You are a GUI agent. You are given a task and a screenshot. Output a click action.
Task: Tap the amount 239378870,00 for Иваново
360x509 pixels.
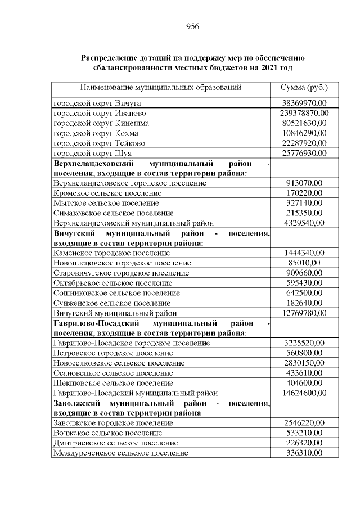tap(304, 113)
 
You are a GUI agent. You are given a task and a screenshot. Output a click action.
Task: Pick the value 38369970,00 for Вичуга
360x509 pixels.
tap(304, 103)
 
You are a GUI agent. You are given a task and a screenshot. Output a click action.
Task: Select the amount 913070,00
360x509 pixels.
tap(304, 183)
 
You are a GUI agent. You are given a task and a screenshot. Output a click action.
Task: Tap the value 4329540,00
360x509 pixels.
tap(304, 223)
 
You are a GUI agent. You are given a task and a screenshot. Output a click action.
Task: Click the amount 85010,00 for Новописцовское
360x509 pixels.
tap(304, 263)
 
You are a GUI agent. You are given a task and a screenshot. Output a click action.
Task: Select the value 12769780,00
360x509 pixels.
tap(304, 313)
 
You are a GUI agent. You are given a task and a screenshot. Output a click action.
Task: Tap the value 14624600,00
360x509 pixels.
tap(304, 393)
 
